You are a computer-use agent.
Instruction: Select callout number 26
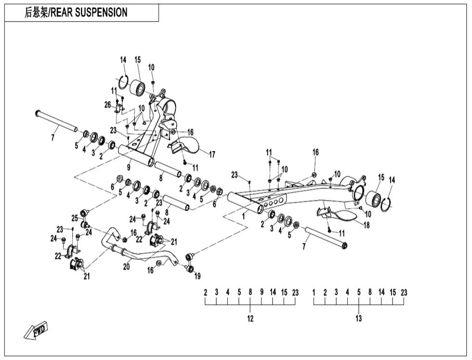pyautogui.click(x=107, y=105)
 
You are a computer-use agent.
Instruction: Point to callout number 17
pyautogui.click(x=211, y=154)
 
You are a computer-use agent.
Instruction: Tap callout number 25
pyautogui.click(x=75, y=218)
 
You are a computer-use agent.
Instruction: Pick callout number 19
pyautogui.click(x=197, y=276)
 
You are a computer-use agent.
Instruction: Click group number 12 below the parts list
pyautogui.click(x=250, y=319)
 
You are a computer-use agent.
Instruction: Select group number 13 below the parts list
pyautogui.click(x=359, y=319)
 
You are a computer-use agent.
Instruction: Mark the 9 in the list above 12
pyautogui.click(x=262, y=293)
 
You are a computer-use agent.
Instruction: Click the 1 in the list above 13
pyautogui.click(x=314, y=293)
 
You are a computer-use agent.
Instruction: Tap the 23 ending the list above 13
pyautogui.click(x=404, y=293)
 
